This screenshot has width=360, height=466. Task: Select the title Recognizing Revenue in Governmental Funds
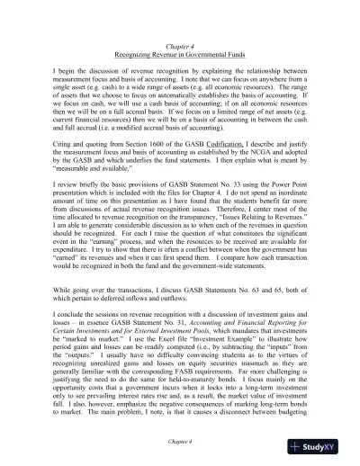(180, 54)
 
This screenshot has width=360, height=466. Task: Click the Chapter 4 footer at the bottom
(180, 443)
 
